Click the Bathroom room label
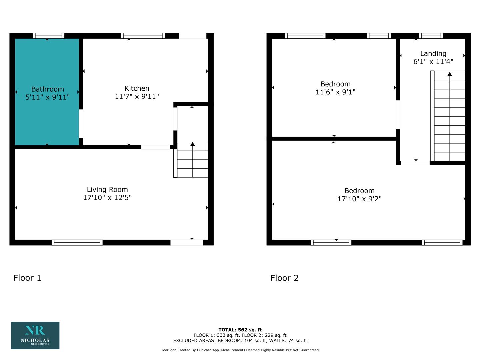(x=48, y=89)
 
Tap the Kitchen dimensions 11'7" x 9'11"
(x=137, y=96)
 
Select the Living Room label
(x=107, y=190)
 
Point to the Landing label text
(x=433, y=54)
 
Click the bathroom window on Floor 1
(x=49, y=36)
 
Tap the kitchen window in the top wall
(x=143, y=36)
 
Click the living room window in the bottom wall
(x=77, y=242)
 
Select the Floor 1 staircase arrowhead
(x=192, y=144)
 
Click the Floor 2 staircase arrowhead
(x=450, y=74)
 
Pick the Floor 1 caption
(x=27, y=278)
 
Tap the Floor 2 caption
(x=284, y=278)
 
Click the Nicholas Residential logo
(x=35, y=336)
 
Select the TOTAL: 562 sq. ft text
(x=240, y=330)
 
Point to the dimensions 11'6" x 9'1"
(x=335, y=92)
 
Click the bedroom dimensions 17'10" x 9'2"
(x=360, y=199)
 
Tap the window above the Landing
(x=431, y=36)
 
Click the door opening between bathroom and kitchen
(x=81, y=124)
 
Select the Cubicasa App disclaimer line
(x=240, y=350)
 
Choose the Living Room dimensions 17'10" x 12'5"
(x=107, y=198)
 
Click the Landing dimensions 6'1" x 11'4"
(x=433, y=62)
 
